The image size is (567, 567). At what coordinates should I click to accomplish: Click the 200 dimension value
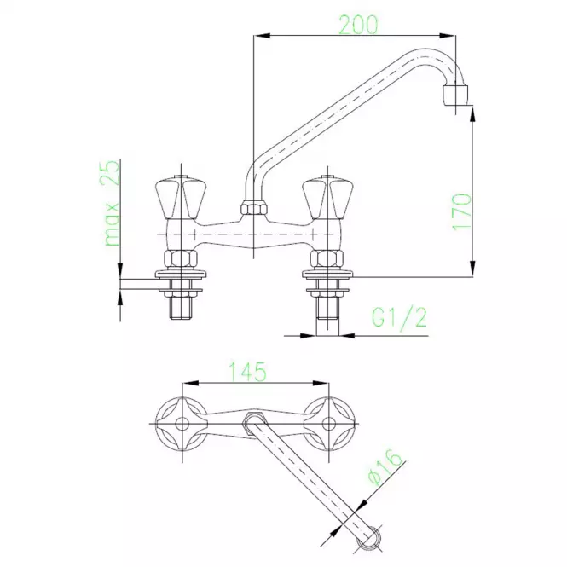point(358,24)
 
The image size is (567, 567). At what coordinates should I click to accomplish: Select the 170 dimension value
point(462,212)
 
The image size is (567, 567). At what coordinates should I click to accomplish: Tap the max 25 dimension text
point(112,203)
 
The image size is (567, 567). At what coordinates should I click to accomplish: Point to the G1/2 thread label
point(399,318)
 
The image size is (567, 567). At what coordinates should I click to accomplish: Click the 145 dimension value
point(248,372)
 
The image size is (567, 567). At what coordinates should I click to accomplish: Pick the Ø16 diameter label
point(385,467)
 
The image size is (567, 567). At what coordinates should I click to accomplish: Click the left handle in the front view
point(181,198)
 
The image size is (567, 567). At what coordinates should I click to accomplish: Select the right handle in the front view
point(327,198)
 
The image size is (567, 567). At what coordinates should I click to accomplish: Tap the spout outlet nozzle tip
point(455,95)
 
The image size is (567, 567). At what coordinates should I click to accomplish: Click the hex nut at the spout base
point(253,209)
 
